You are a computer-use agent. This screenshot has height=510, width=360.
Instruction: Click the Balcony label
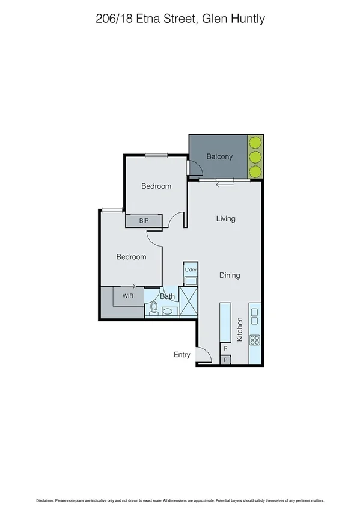(219, 156)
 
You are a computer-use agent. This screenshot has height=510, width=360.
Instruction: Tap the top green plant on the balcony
(255, 143)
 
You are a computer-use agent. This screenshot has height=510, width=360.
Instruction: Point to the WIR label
(128, 296)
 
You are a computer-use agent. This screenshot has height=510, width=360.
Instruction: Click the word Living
(226, 219)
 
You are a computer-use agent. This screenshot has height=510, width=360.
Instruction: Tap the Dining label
(230, 275)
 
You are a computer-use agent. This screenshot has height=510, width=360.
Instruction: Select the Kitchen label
(239, 330)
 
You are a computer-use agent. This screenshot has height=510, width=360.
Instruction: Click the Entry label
(182, 355)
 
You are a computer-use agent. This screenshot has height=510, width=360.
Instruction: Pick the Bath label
(168, 296)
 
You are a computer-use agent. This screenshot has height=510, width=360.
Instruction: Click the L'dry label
(191, 269)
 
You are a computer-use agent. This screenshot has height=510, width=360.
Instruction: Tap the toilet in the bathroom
(153, 309)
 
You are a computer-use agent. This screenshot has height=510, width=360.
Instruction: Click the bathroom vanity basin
(169, 311)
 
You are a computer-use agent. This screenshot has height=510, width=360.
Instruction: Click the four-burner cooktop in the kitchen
(254, 340)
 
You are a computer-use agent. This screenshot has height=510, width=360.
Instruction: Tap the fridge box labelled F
(225, 348)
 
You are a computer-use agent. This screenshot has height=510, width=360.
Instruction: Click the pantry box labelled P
(225, 360)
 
